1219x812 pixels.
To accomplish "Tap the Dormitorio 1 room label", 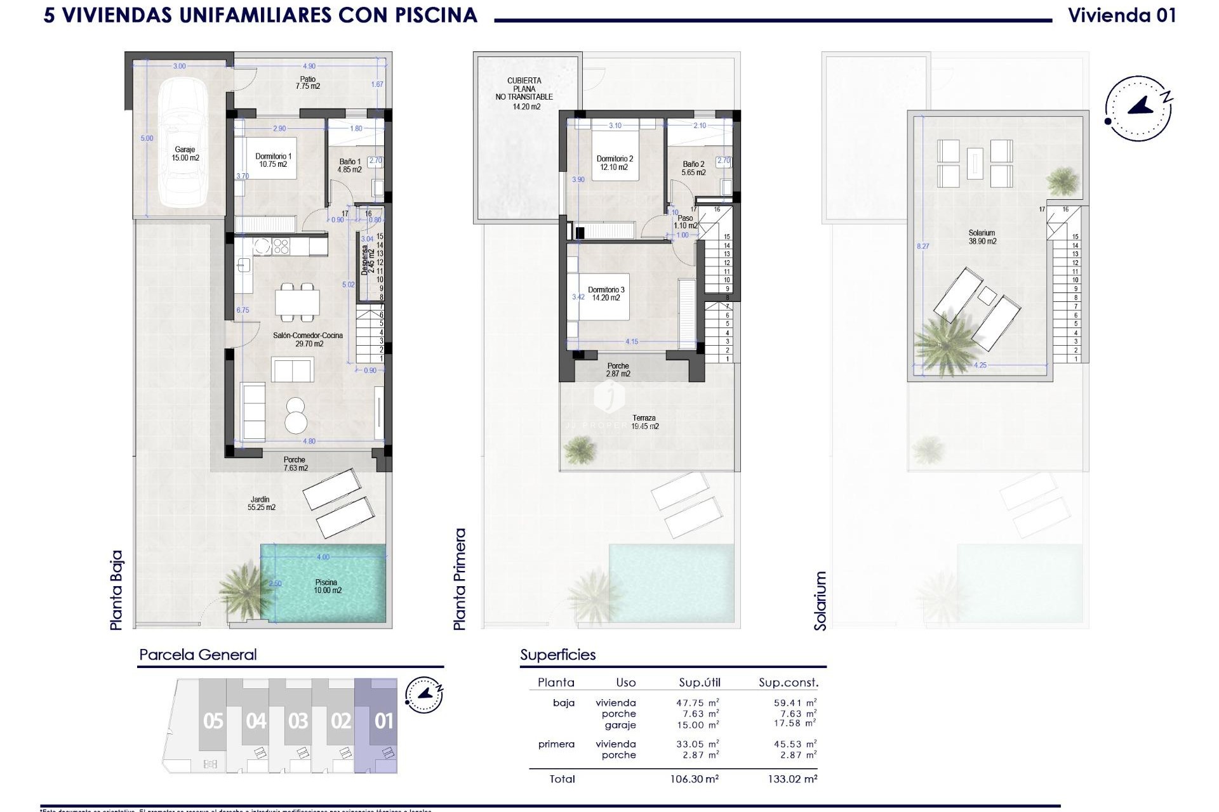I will click(273, 160).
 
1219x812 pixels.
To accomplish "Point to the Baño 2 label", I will click(693, 168).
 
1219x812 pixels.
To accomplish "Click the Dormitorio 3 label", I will click(606, 294).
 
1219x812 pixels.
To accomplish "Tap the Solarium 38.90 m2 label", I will click(982, 237).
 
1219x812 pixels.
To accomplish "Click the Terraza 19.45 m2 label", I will click(644, 422).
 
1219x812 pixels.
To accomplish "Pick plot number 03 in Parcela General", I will click(298, 721).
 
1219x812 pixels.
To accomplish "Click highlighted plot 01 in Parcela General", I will click(383, 721).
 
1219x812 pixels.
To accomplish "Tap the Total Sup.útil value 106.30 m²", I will click(698, 779).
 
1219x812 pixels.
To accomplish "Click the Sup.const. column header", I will click(788, 683).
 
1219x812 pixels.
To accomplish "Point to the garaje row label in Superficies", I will click(620, 724).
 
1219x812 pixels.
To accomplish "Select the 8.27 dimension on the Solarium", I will click(923, 246).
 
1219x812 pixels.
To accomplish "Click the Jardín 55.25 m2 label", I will click(261, 503).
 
